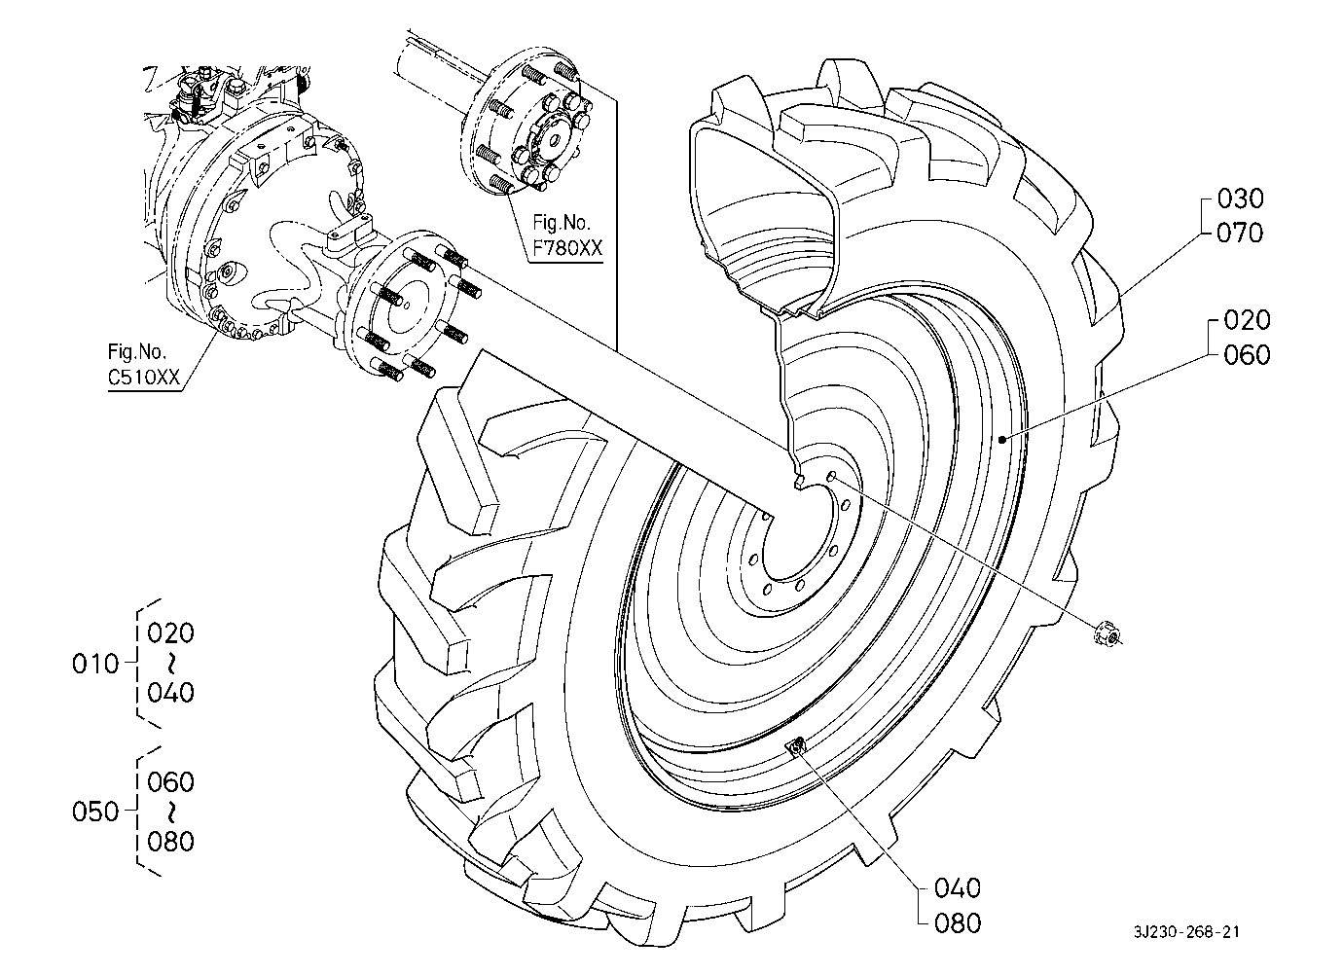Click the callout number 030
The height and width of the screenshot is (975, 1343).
pyautogui.click(x=1240, y=199)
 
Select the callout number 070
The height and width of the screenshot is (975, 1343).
pyautogui.click(x=1240, y=233)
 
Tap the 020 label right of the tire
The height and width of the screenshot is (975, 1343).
pyautogui.click(x=1247, y=320)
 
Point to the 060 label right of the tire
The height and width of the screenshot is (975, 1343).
pyautogui.click(x=1247, y=355)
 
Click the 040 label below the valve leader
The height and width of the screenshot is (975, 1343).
pyautogui.click(x=958, y=888)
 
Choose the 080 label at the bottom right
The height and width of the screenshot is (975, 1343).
pyautogui.click(x=958, y=923)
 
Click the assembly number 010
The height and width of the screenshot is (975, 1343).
pyautogui.click(x=95, y=664)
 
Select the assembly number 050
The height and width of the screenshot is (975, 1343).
pyautogui.click(x=95, y=812)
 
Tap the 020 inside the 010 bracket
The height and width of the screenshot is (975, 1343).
pyautogui.click(x=171, y=633)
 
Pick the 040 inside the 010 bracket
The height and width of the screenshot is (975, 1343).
pyautogui.click(x=171, y=693)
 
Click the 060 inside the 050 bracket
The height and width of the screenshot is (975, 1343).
pyautogui.click(x=171, y=782)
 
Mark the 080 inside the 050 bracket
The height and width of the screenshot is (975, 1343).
pyautogui.click(x=171, y=842)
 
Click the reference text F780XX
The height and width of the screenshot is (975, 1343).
pyautogui.click(x=567, y=248)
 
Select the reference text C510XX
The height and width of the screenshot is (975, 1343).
pyautogui.click(x=144, y=377)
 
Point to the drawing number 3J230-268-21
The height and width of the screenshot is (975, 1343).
pyautogui.click(x=1186, y=932)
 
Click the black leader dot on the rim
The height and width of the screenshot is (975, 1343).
pyautogui.click(x=1001, y=440)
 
